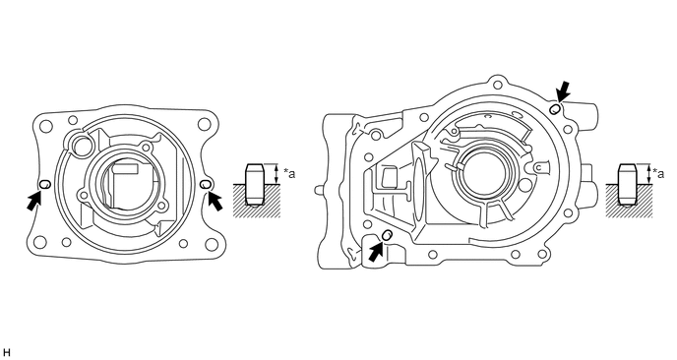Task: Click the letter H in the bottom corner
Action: click(x=6, y=353)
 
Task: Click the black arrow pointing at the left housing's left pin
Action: click(x=34, y=201)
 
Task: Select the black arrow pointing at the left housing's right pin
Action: click(x=215, y=202)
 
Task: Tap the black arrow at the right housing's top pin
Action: click(x=563, y=91)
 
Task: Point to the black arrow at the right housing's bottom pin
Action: click(x=377, y=251)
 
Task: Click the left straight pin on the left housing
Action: click(x=45, y=184)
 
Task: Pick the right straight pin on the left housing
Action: click(x=206, y=184)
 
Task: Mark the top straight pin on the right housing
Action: click(x=555, y=108)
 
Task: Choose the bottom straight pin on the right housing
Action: click(x=388, y=235)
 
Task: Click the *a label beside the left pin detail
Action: click(x=289, y=174)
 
